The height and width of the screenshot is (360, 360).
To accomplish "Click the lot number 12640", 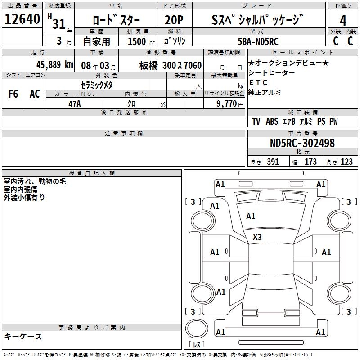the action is tap(22, 19).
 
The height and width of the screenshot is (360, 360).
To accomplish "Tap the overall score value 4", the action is tap(343, 20).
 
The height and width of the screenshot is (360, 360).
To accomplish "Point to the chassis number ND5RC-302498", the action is tap(302, 143).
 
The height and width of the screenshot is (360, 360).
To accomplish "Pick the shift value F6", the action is tap(13, 94).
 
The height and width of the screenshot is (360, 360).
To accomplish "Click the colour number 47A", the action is tap(74, 104).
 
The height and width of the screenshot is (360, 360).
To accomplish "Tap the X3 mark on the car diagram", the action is tap(257, 237).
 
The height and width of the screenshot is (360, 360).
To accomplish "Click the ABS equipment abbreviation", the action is tap(272, 121).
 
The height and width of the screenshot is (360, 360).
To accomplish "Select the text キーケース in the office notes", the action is tap(23, 337).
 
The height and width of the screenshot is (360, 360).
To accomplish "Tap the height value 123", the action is tap(346, 162).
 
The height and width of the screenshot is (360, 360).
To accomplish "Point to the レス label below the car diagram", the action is tap(197, 345).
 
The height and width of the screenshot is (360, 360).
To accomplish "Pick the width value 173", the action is tap(310, 162).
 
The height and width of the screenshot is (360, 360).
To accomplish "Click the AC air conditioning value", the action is tap(35, 94).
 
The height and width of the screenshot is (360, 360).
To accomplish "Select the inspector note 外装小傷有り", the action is tap(24, 197).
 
